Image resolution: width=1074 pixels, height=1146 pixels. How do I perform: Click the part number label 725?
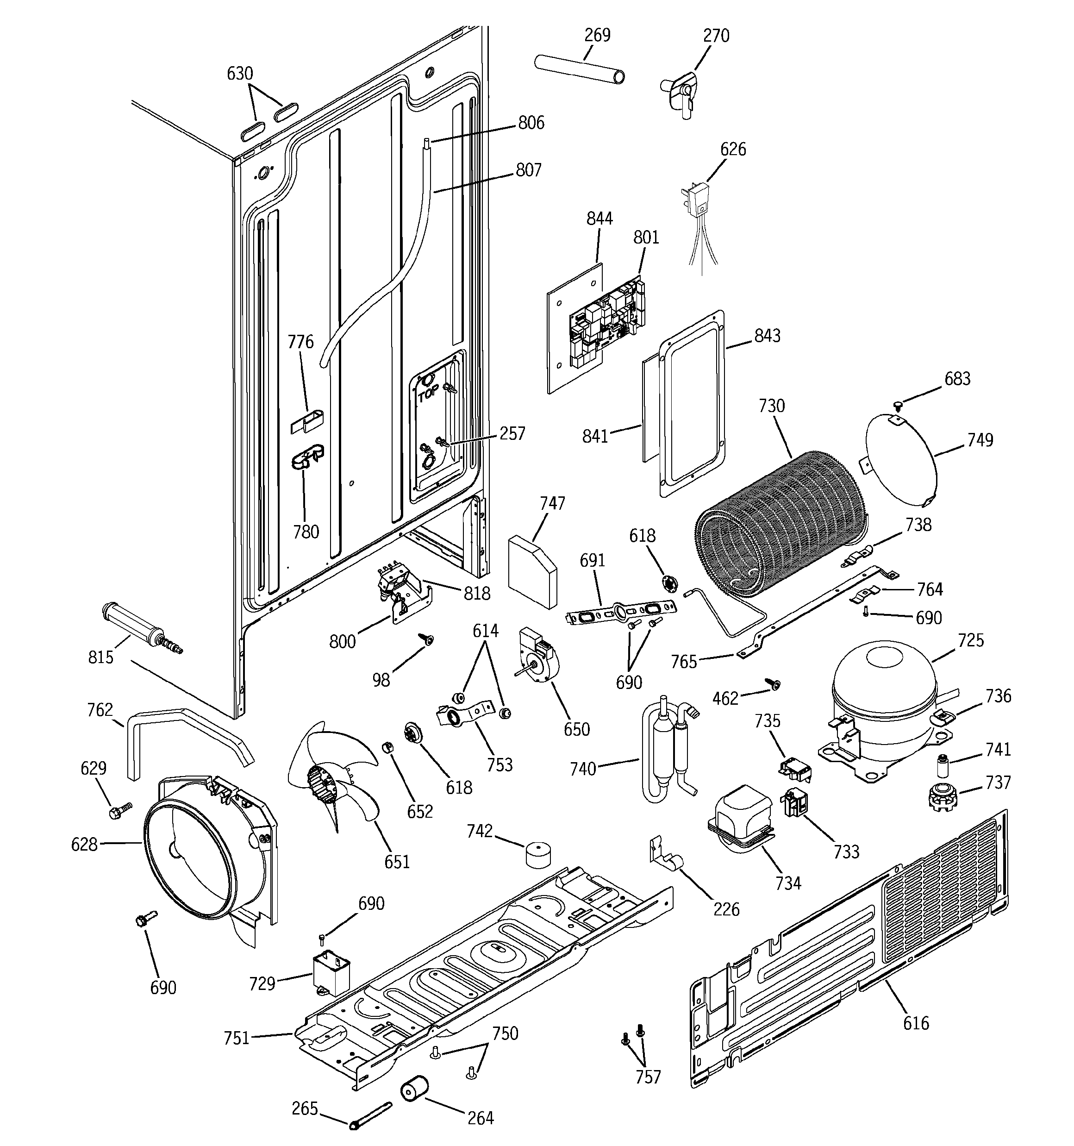971,640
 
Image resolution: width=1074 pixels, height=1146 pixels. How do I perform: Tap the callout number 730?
771,407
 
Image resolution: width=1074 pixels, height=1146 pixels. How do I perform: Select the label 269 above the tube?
597,35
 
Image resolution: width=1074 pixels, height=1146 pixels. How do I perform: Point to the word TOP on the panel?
428,395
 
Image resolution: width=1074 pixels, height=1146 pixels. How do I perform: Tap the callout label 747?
552,503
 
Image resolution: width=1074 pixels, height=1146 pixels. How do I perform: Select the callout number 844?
599,219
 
